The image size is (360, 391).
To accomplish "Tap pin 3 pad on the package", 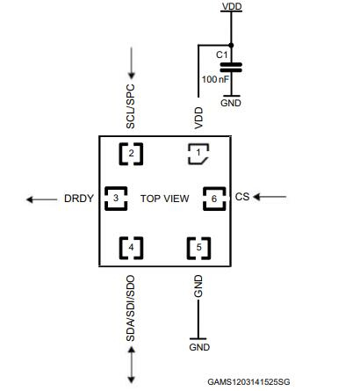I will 115,198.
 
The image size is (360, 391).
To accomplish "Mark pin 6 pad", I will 213,199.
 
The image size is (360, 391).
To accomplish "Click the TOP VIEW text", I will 164,199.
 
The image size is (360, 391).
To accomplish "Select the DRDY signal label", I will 79,199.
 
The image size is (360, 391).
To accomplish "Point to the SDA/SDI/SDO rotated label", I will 131,309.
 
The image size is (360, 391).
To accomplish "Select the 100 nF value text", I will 215,80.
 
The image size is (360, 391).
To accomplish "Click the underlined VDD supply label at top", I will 232,6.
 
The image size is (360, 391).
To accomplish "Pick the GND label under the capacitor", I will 232,103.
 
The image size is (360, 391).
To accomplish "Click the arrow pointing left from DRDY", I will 40,199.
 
